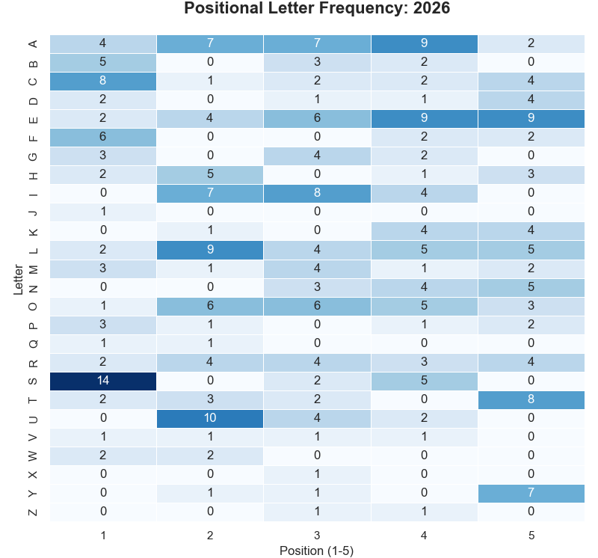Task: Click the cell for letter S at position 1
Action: pyautogui.click(x=103, y=381)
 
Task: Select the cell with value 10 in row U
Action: pyautogui.click(x=210, y=418)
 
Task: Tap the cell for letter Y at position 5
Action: pyautogui.click(x=531, y=493)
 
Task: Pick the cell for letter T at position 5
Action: pyautogui.click(x=531, y=399)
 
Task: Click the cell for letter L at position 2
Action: pyautogui.click(x=210, y=250)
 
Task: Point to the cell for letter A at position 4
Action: pyautogui.click(x=424, y=44)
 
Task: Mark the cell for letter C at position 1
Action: pyautogui.click(x=103, y=82)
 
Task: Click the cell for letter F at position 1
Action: pyautogui.click(x=103, y=138)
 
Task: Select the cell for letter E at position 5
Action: pyautogui.click(x=531, y=119)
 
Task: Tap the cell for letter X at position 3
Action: pyautogui.click(x=317, y=474)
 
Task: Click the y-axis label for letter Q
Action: pyautogui.click(x=32, y=343)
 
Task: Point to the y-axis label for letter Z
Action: pyautogui.click(x=32, y=512)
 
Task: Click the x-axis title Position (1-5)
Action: pyautogui.click(x=317, y=551)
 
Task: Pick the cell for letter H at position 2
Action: pyautogui.click(x=210, y=175)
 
